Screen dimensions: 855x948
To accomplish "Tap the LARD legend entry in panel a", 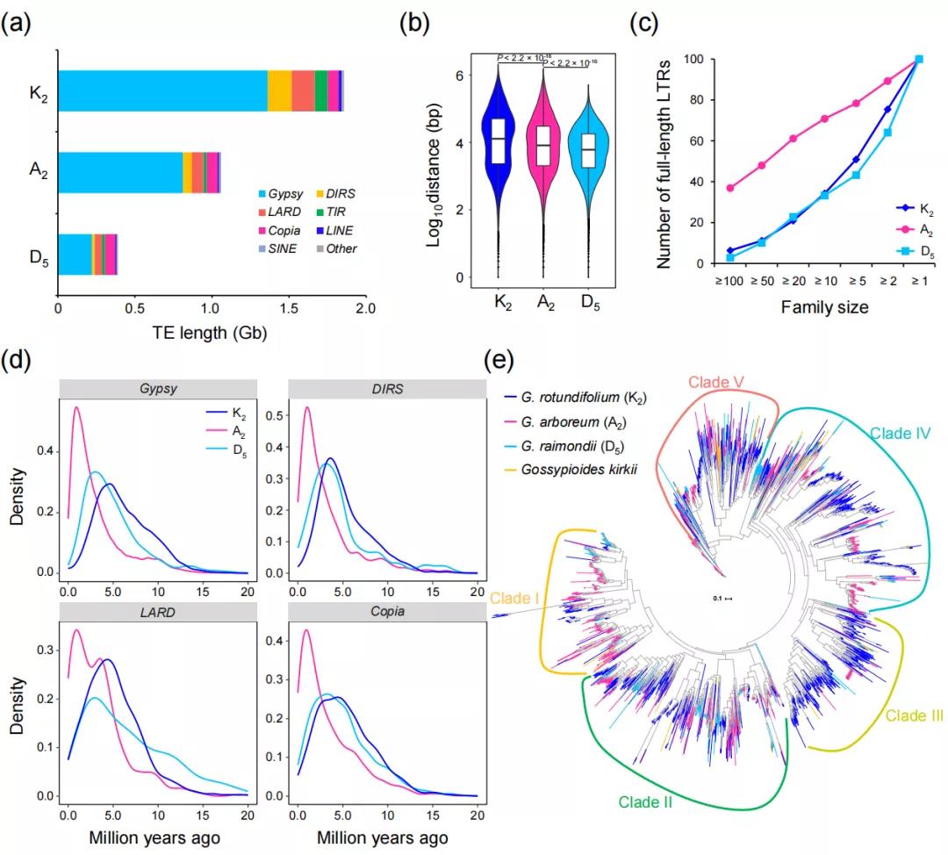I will pyautogui.click(x=282, y=212).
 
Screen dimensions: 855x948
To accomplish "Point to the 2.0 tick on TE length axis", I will pyautogui.click(x=365, y=308).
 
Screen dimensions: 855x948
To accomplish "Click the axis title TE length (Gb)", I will pyautogui.click(x=211, y=334).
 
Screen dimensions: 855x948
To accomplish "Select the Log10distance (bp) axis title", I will pyautogui.click(x=434, y=175).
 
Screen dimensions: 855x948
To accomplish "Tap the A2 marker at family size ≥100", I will pyautogui.click(x=729, y=188).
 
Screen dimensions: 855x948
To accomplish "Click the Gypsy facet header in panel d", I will pyautogui.click(x=157, y=389).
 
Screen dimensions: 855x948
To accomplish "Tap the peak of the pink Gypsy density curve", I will pyautogui.click(x=76, y=407).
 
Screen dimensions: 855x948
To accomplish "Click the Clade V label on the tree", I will pyautogui.click(x=715, y=383).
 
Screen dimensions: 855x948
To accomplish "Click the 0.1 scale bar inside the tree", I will pyautogui.click(x=723, y=599).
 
